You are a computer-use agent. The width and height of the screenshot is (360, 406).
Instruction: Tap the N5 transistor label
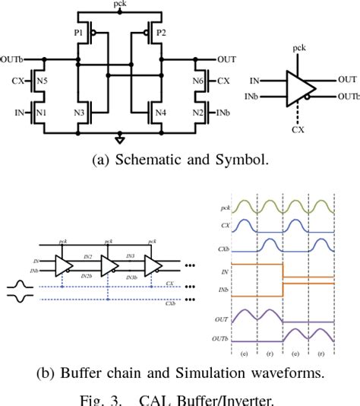(x=43, y=79)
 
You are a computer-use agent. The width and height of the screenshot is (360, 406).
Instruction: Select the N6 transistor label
(x=197, y=79)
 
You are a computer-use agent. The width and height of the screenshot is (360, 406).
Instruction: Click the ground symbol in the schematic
(x=119, y=138)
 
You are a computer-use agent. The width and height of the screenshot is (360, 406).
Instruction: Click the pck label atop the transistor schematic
(x=120, y=5)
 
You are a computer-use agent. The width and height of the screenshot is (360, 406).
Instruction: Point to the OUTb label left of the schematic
(x=11, y=58)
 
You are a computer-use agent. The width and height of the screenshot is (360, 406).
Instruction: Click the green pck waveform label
(x=226, y=207)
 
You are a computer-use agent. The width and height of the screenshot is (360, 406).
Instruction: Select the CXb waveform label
(x=226, y=248)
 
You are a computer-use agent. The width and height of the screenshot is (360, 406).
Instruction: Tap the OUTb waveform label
(x=223, y=338)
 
